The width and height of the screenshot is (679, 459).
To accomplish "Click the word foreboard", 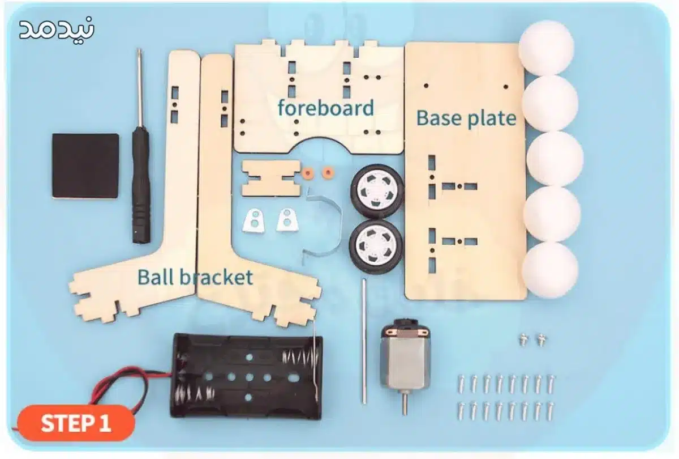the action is (326, 108).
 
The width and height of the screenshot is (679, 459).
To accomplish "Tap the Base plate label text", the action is (466, 118).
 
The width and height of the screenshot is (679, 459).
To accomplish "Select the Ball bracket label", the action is (195, 277).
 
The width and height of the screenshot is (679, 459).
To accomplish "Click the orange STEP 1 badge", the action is (76, 423).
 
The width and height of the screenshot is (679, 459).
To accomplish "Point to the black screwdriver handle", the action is (141, 185).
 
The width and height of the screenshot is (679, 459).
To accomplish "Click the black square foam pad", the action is (85, 166).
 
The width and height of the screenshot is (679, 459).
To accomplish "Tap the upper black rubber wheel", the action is (377, 191).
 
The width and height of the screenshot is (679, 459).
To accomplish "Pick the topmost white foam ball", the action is (547, 48).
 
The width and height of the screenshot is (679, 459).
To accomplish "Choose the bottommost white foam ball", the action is (550, 270).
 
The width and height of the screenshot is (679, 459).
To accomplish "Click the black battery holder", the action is (247, 376).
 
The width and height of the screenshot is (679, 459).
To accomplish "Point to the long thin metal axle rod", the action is (364, 341).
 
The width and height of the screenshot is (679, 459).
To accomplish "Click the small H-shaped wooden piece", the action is (272, 178).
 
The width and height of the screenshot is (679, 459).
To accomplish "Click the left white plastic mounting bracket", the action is (253, 220).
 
